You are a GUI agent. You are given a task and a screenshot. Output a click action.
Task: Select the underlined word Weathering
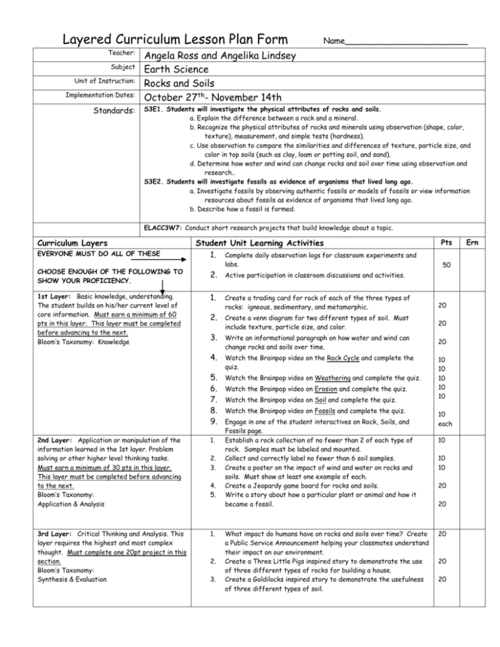coord(341,379)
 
